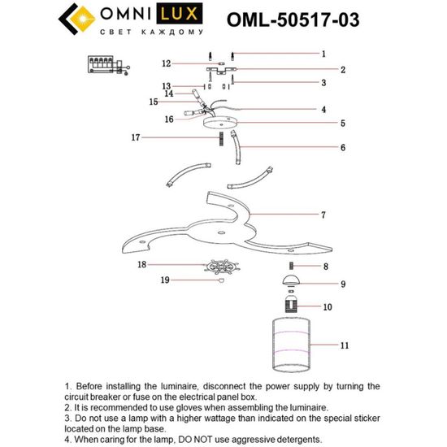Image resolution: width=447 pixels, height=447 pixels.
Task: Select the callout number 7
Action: (323, 215)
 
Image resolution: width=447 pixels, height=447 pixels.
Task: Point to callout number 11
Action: (344, 345)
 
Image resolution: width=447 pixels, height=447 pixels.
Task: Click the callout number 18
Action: (142, 265)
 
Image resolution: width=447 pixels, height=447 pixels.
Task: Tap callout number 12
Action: (166, 63)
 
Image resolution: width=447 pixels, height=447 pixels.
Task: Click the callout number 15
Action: (153, 102)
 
